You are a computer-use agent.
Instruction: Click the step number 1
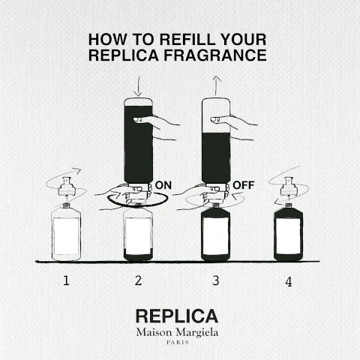66,281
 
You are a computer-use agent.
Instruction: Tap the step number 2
138,281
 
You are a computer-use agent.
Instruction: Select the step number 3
215,281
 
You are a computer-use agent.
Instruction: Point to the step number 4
288,282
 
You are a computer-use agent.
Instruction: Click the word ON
163,184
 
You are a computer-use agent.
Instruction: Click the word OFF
244,184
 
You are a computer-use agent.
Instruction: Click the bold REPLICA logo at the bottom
177,316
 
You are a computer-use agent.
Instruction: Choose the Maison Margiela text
178,332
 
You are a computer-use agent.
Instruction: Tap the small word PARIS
178,343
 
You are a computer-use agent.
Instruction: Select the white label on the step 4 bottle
288,238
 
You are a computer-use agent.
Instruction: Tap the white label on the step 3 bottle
215,238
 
